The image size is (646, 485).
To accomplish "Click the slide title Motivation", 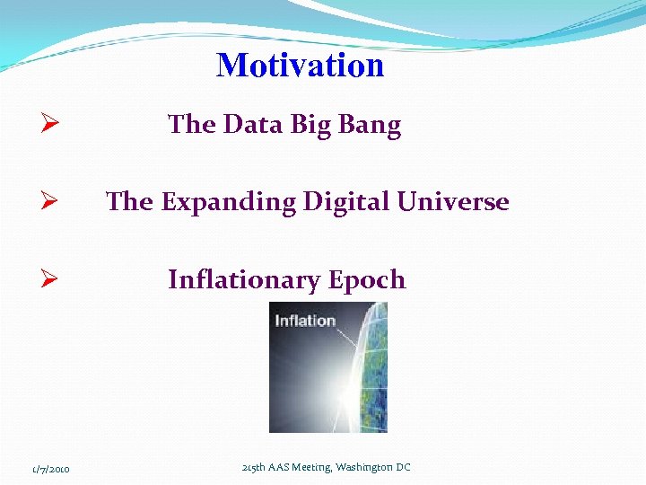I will click(300, 66).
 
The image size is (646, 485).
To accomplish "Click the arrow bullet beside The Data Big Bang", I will click(50, 125).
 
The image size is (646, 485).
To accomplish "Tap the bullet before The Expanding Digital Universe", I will click(50, 202).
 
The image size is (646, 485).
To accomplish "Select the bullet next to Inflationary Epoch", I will click(50, 280).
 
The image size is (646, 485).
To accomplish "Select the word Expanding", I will click(228, 203).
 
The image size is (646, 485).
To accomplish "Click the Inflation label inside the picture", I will click(305, 321).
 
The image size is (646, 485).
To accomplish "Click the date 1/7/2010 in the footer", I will click(52, 469).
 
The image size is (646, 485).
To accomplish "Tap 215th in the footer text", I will click(255, 468).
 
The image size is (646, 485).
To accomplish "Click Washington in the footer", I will click(367, 468).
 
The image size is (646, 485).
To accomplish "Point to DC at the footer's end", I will click(403, 468).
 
